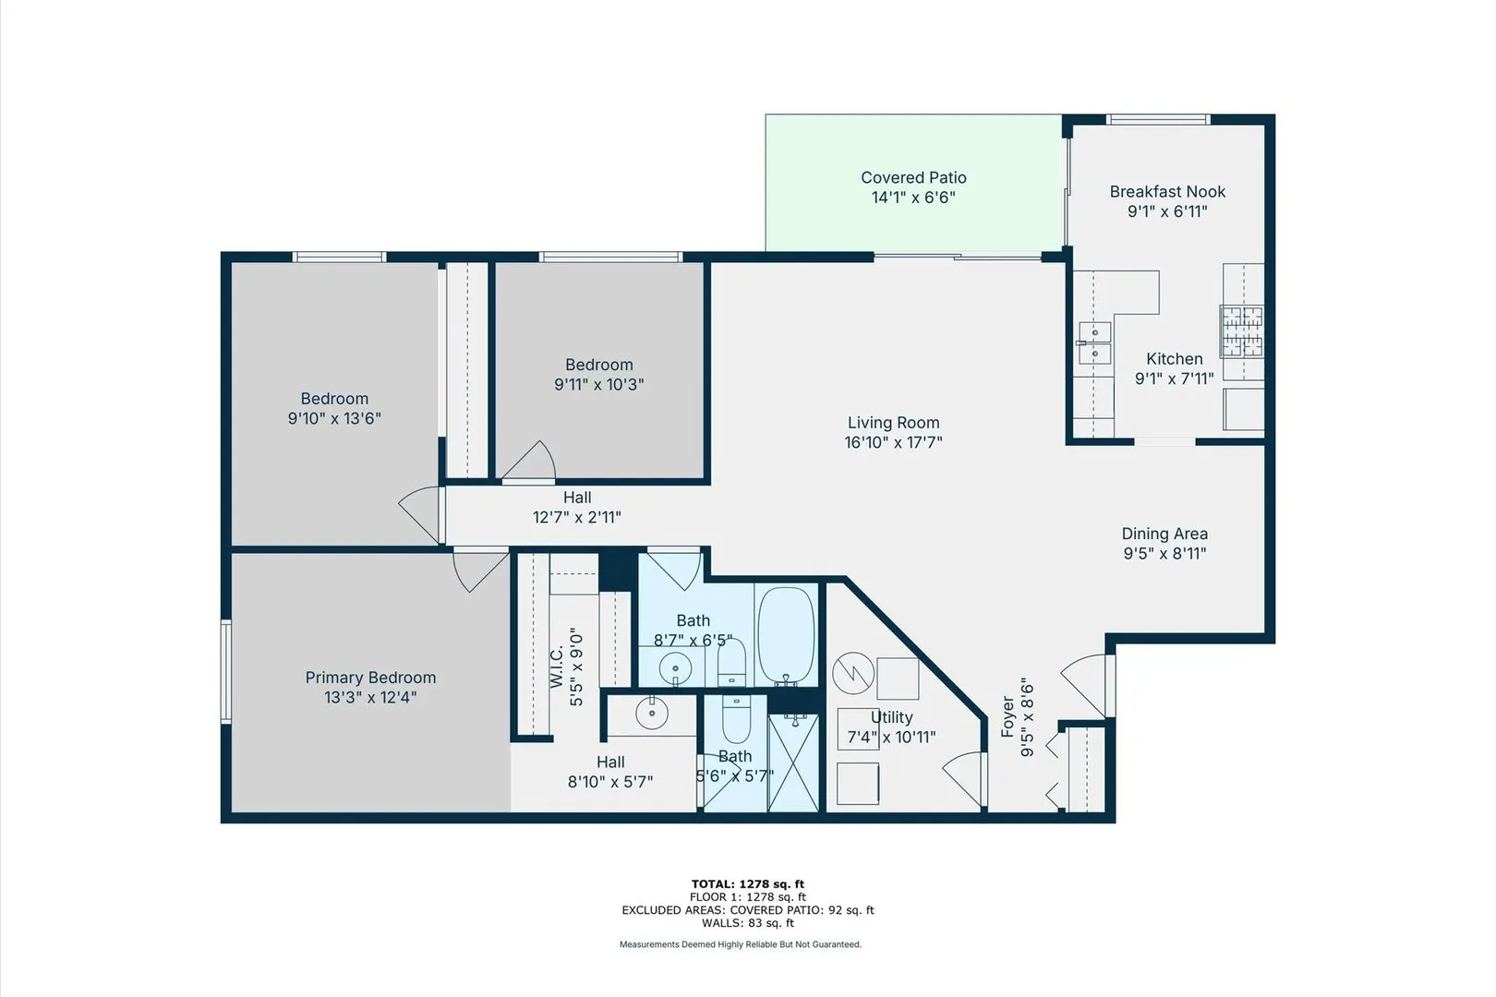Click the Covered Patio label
coord(913,177)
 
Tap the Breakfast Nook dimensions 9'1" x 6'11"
coord(1167,211)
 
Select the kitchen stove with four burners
coord(1241,331)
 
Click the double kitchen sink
coord(1094,342)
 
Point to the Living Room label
coord(893,423)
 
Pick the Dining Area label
coord(1164,534)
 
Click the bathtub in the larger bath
coord(786,634)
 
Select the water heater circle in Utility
coord(852,674)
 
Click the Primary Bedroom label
coord(370,678)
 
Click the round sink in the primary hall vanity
coord(652,712)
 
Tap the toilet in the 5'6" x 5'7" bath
coord(736,721)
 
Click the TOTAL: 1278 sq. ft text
coord(747,883)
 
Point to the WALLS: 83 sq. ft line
coord(747,922)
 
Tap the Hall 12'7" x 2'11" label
coord(577,508)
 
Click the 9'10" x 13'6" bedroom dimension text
coord(334,418)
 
